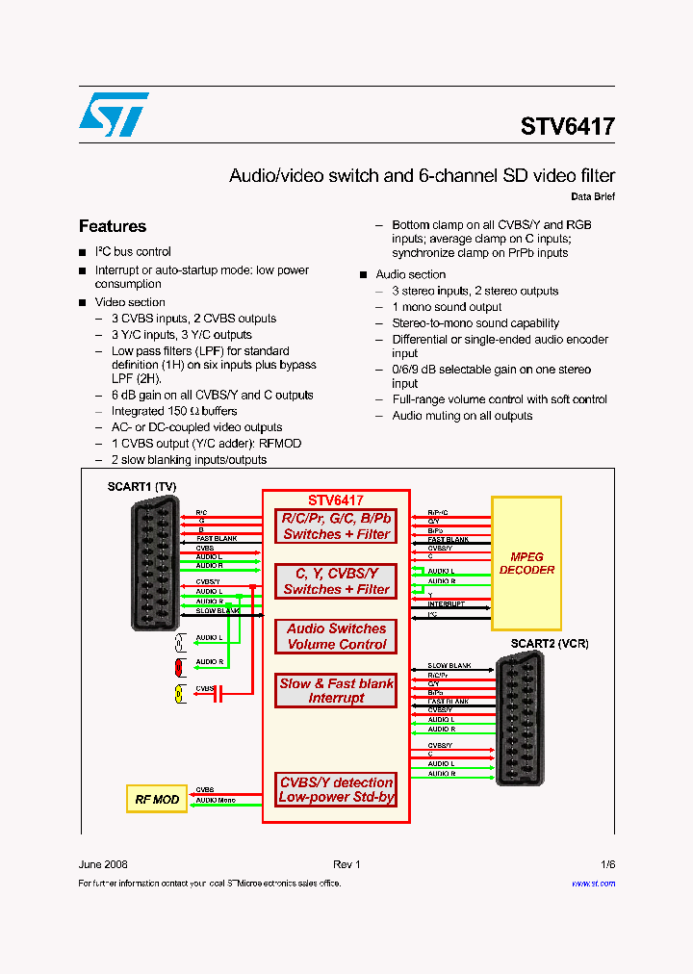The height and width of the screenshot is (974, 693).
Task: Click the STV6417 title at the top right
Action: point(567,127)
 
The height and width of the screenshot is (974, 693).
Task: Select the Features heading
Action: point(113,226)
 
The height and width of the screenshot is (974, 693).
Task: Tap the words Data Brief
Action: point(592,196)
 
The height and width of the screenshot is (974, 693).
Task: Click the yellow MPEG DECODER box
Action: point(526,563)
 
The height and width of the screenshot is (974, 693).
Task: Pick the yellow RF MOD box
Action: point(157,799)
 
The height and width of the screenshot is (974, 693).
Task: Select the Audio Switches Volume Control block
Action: point(336,636)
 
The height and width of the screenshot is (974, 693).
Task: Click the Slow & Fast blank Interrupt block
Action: point(336,690)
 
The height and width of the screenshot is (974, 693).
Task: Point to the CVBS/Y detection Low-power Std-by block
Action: point(336,789)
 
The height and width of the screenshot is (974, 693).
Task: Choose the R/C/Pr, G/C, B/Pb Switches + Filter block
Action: point(336,526)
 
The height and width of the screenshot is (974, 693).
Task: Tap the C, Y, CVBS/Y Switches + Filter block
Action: point(336,581)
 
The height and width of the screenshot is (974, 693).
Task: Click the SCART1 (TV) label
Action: point(141,486)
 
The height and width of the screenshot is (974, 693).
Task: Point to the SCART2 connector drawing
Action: point(520,717)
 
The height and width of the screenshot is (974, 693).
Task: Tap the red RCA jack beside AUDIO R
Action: point(179,666)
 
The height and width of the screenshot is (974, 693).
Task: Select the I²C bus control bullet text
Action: point(133,252)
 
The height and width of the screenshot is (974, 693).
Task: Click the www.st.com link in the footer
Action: point(593,883)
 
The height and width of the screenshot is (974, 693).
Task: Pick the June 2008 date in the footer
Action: point(103,864)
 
